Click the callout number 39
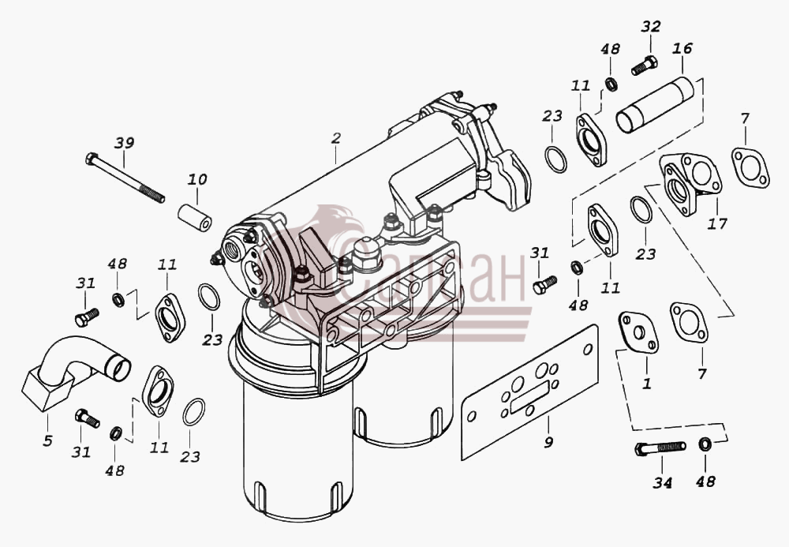[125, 143]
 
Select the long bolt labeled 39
[125, 178]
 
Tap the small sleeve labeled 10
[195, 218]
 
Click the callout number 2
[336, 138]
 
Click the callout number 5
[47, 440]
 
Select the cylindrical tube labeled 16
[655, 105]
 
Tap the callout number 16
[682, 48]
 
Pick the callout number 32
[651, 26]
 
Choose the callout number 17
[717, 223]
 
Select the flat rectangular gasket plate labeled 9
[530, 392]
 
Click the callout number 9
[548, 442]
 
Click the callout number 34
[662, 483]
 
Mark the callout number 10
[197, 179]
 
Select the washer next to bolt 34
[705, 444]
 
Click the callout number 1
[647, 384]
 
